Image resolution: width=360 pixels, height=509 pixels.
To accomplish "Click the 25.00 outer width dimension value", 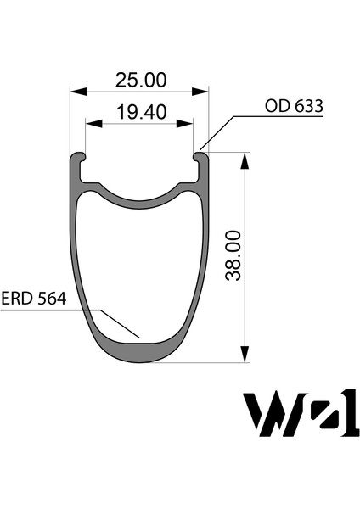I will tap(141, 81).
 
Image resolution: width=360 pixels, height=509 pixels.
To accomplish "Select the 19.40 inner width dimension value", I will tap(140, 112).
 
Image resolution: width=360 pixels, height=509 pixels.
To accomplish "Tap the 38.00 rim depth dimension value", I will tap(234, 254).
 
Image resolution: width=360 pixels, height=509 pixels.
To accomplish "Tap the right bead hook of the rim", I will tap(201, 158).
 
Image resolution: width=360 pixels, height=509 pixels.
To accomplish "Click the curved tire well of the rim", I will tap(140, 198).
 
